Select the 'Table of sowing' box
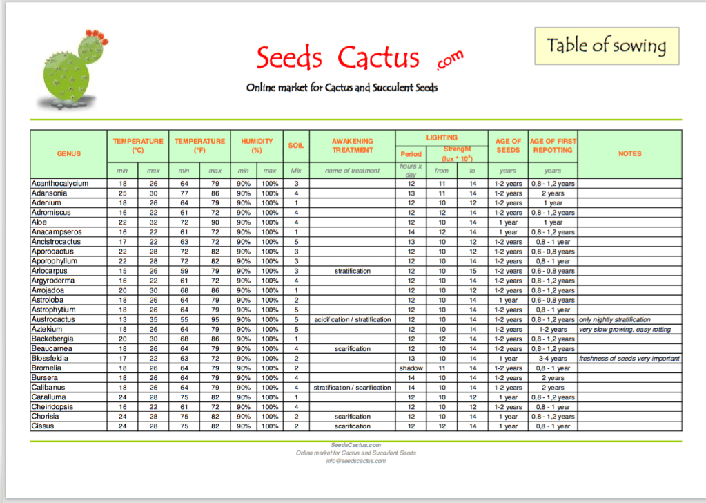point(606,46)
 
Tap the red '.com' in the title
point(449,61)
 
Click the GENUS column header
point(68,153)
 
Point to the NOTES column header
point(629,153)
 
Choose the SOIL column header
point(295,145)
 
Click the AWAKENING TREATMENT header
point(352,145)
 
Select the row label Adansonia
point(50,193)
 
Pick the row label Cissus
point(43,426)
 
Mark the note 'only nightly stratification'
point(614,320)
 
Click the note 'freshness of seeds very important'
point(629,359)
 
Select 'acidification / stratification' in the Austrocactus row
point(352,320)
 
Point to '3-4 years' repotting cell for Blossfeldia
point(553,359)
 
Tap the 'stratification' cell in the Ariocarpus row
point(352,271)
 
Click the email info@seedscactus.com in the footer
point(355,460)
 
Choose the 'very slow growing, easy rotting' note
point(625,330)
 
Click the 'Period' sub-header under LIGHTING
point(411,154)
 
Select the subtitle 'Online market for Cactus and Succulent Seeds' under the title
point(342,88)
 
